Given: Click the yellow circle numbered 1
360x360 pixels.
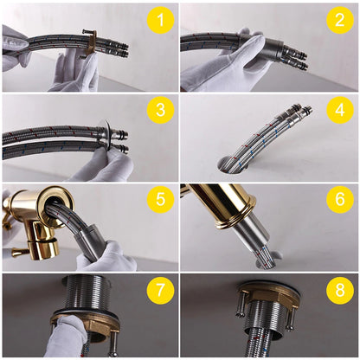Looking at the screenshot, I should click(x=159, y=21).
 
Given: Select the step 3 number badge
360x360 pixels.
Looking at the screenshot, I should click(x=159, y=111).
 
